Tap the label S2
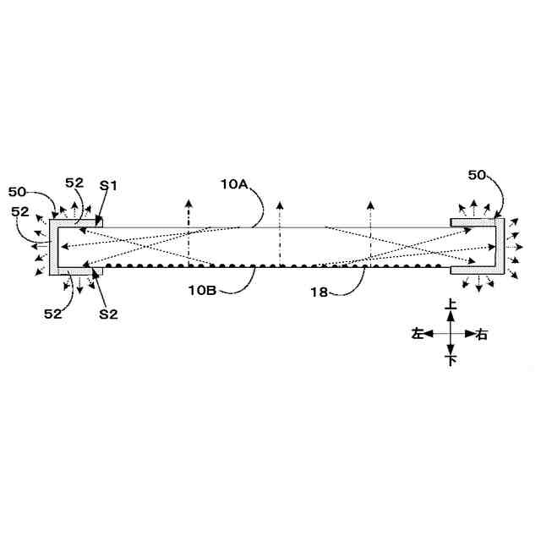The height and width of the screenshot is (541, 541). tap(107, 314)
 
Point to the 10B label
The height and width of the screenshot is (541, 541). tap(204, 289)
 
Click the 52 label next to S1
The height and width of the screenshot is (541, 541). tap(74, 183)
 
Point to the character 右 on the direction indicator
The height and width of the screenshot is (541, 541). tap(482, 333)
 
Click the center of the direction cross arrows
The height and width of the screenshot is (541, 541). tap(451, 333)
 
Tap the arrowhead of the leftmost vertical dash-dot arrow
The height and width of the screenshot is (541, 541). tap(189, 204)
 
